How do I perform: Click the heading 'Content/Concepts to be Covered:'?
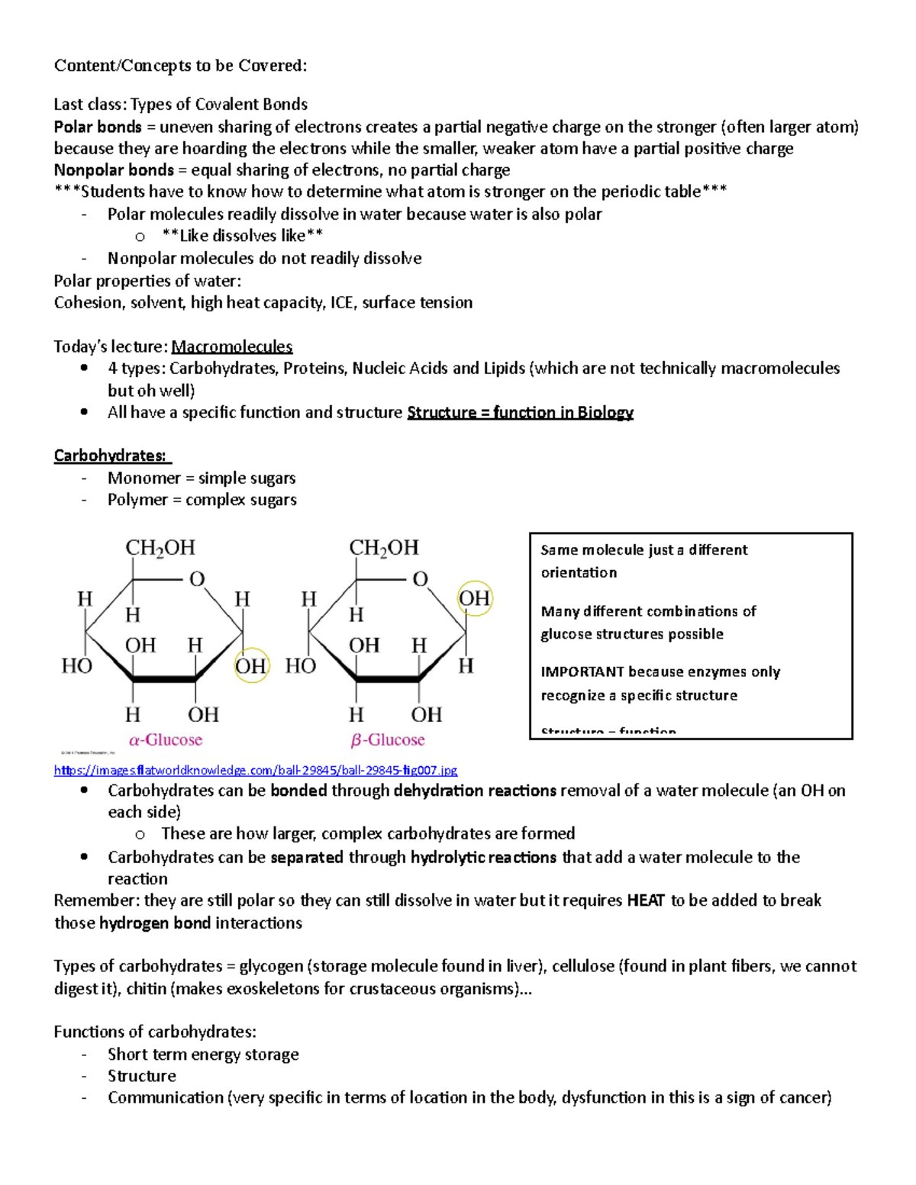click(x=180, y=66)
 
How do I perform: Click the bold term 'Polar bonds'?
click(x=98, y=127)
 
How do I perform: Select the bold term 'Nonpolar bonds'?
click(x=114, y=170)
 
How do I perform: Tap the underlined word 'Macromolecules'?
click(x=231, y=346)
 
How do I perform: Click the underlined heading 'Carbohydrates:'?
click(x=111, y=456)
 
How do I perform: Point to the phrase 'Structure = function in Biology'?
click(x=520, y=413)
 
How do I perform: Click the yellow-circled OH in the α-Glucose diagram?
click(x=250, y=666)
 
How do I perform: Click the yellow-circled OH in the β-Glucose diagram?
click(x=474, y=598)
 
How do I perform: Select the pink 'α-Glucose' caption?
click(x=166, y=739)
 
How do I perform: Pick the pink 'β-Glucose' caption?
click(x=388, y=739)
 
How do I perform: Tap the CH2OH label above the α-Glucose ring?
click(x=160, y=548)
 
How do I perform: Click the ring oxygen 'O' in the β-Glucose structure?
click(x=420, y=579)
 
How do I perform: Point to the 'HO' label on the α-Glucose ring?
click(x=76, y=666)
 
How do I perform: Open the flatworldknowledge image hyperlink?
click(x=255, y=770)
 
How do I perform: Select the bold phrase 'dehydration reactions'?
click(x=475, y=791)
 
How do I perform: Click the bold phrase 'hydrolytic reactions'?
click(x=483, y=857)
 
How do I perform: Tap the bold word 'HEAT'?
click(x=646, y=900)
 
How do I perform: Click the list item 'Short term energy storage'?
click(x=203, y=1055)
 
